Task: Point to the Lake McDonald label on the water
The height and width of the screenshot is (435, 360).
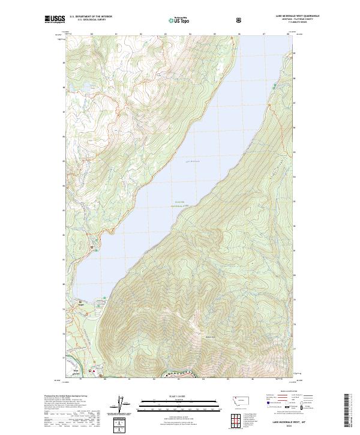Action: [192, 161]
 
